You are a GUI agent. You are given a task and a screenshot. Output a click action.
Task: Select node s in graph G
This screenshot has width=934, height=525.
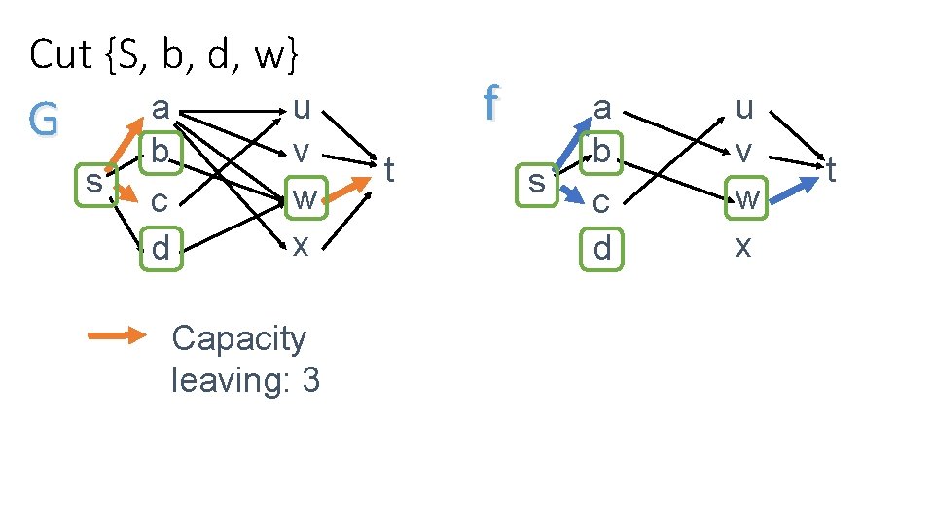[x=93, y=182]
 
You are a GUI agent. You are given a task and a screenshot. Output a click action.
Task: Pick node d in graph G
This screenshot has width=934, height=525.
[x=161, y=248]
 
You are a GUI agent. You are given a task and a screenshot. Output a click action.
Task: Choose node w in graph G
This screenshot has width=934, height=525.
[x=305, y=198]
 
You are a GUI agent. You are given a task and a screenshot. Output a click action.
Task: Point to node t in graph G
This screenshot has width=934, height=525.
[x=389, y=171]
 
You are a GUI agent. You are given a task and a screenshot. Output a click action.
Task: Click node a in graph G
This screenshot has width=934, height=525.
[x=161, y=107]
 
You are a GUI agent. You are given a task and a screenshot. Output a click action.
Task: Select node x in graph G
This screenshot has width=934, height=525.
[x=302, y=245]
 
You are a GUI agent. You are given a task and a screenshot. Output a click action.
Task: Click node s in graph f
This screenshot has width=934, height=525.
[x=535, y=182]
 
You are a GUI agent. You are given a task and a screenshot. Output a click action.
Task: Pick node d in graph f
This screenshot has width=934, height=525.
[x=602, y=248]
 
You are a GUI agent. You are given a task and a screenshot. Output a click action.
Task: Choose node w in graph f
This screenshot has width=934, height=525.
[x=746, y=198]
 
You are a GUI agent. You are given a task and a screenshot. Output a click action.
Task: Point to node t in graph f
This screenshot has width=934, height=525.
[x=832, y=171]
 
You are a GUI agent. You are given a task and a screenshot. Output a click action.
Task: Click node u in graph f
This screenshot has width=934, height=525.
[x=744, y=107]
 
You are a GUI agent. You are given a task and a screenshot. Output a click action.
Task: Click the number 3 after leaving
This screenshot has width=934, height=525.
[x=310, y=380]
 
